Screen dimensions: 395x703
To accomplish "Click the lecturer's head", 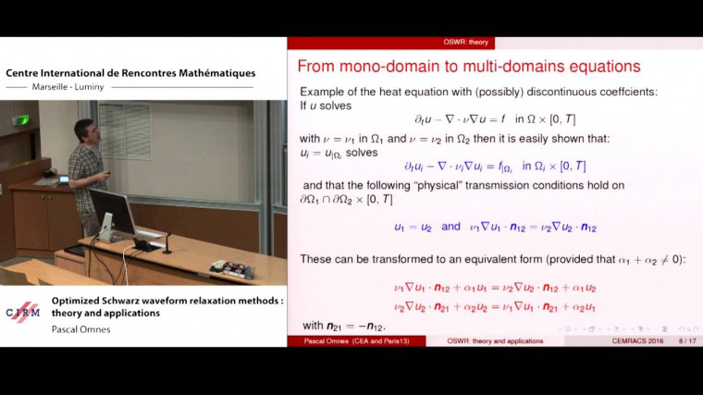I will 86,131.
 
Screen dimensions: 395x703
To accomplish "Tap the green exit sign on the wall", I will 20,119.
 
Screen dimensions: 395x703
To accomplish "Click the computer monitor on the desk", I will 112,212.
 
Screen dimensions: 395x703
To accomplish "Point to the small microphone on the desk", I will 166,240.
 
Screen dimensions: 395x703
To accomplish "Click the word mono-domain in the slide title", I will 390,67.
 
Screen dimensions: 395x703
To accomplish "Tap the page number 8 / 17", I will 686,341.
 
